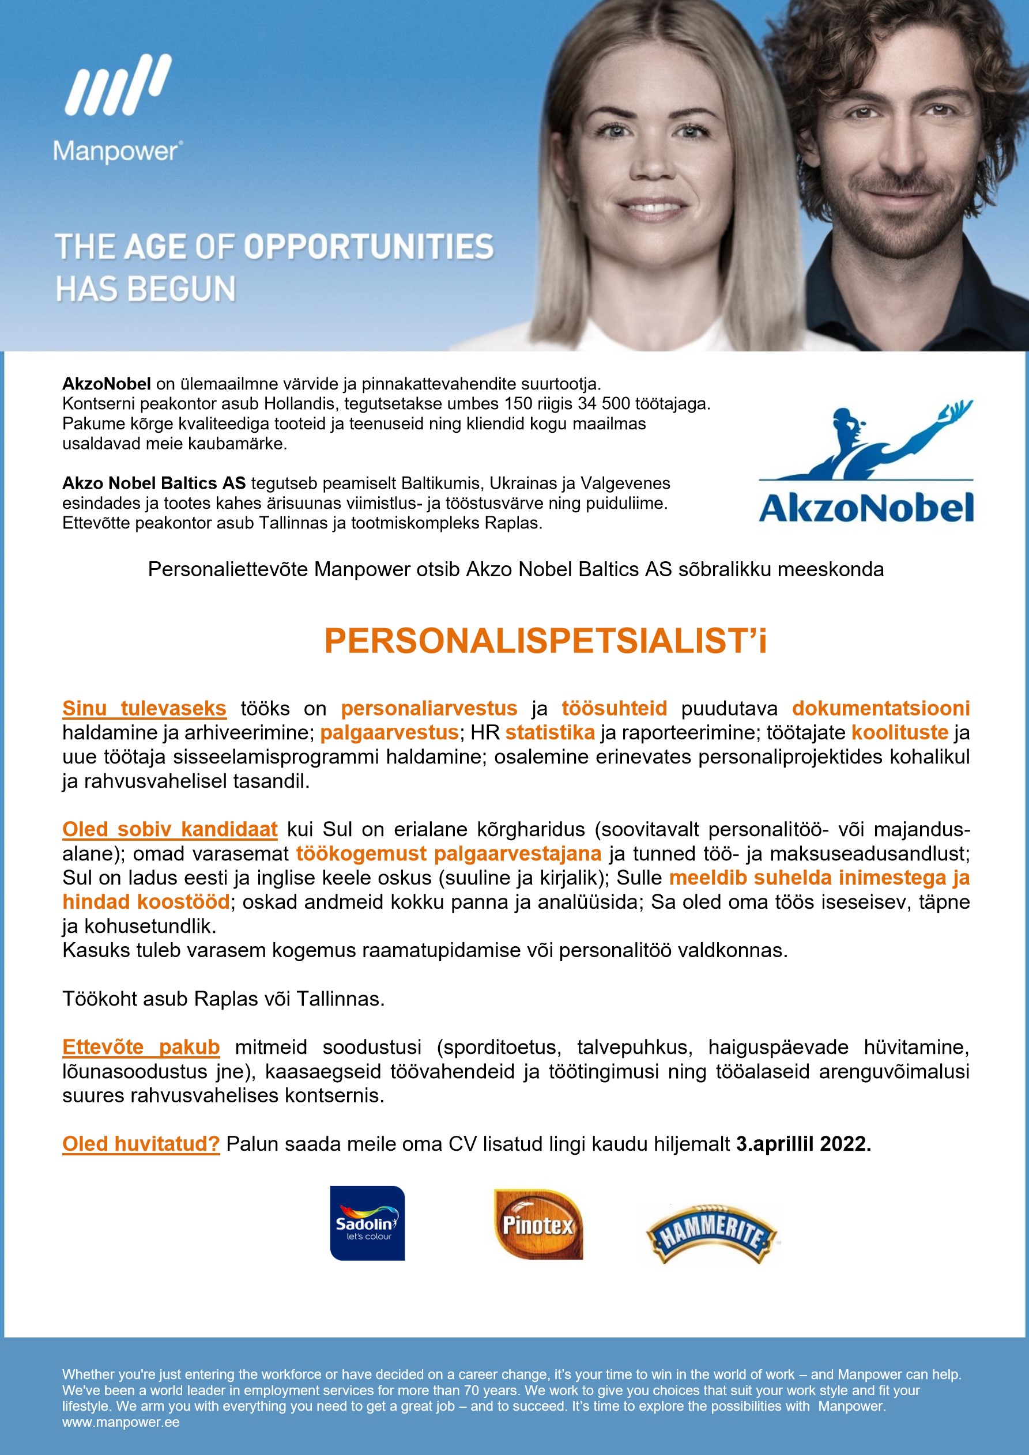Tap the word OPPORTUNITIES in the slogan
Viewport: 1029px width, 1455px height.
click(368, 247)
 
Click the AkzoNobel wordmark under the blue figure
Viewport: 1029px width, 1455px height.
click(865, 508)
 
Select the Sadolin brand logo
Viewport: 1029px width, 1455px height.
click(367, 1222)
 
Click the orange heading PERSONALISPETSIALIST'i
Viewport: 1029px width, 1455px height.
click(545, 641)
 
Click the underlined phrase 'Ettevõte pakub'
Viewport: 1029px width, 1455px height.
click(141, 1047)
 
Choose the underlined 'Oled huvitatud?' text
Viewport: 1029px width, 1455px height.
click(141, 1143)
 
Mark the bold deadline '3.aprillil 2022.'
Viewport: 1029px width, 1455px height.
click(803, 1143)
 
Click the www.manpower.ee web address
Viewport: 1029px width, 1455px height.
click(121, 1422)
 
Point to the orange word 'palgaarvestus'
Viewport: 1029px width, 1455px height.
click(389, 732)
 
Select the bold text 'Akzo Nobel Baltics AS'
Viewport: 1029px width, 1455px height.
click(153, 483)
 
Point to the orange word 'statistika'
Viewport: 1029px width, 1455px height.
click(550, 732)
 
